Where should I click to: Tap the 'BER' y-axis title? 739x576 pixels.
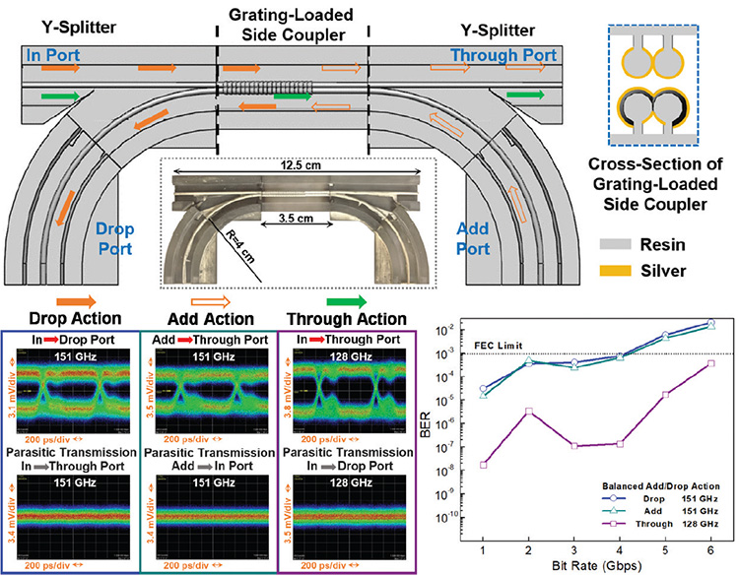[x=450, y=428]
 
